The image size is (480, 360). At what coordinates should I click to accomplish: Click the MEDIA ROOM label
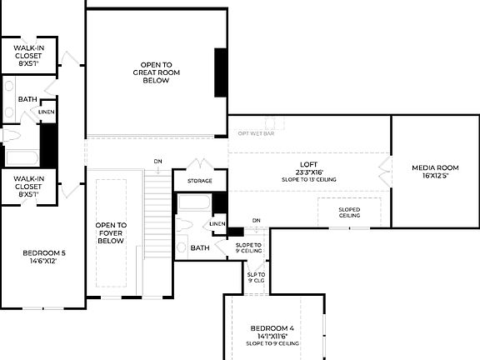pyautogui.click(x=435, y=167)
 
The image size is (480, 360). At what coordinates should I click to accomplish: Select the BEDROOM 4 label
pyautogui.click(x=272, y=328)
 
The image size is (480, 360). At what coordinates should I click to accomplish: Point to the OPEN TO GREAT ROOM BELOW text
pyautogui.click(x=157, y=72)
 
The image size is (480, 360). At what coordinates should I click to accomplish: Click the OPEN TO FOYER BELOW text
pyautogui.click(x=111, y=232)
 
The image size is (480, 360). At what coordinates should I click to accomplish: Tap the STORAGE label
pyautogui.click(x=199, y=181)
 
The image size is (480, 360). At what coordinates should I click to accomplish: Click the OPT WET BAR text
pyautogui.click(x=256, y=133)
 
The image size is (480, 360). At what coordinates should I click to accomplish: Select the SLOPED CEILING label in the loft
pyautogui.click(x=349, y=212)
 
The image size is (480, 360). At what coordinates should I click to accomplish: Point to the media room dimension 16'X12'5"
pyautogui.click(x=435, y=176)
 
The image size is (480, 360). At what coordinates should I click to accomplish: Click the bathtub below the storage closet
pyautogui.click(x=193, y=202)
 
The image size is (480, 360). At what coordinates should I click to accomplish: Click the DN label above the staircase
pyautogui.click(x=157, y=161)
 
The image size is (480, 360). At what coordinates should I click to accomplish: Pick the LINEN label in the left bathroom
pyautogui.click(x=47, y=112)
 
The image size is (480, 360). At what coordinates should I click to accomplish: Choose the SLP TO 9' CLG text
pyautogui.click(x=255, y=277)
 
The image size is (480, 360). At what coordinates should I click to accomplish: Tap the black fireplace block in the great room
pyautogui.click(x=222, y=72)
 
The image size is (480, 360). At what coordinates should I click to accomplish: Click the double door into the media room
pyautogui.click(x=386, y=171)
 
